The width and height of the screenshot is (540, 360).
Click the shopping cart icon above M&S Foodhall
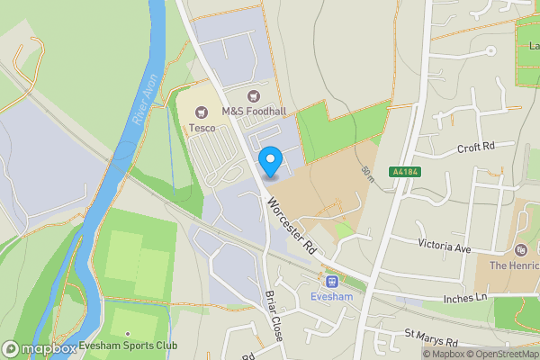[253, 96]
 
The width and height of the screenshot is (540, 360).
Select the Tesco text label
[201, 128]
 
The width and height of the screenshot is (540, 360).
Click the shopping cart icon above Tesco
[201, 112]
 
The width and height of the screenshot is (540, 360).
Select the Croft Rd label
[476, 147]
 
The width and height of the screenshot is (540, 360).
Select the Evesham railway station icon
[331, 281]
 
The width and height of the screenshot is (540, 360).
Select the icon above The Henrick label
[521, 249]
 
